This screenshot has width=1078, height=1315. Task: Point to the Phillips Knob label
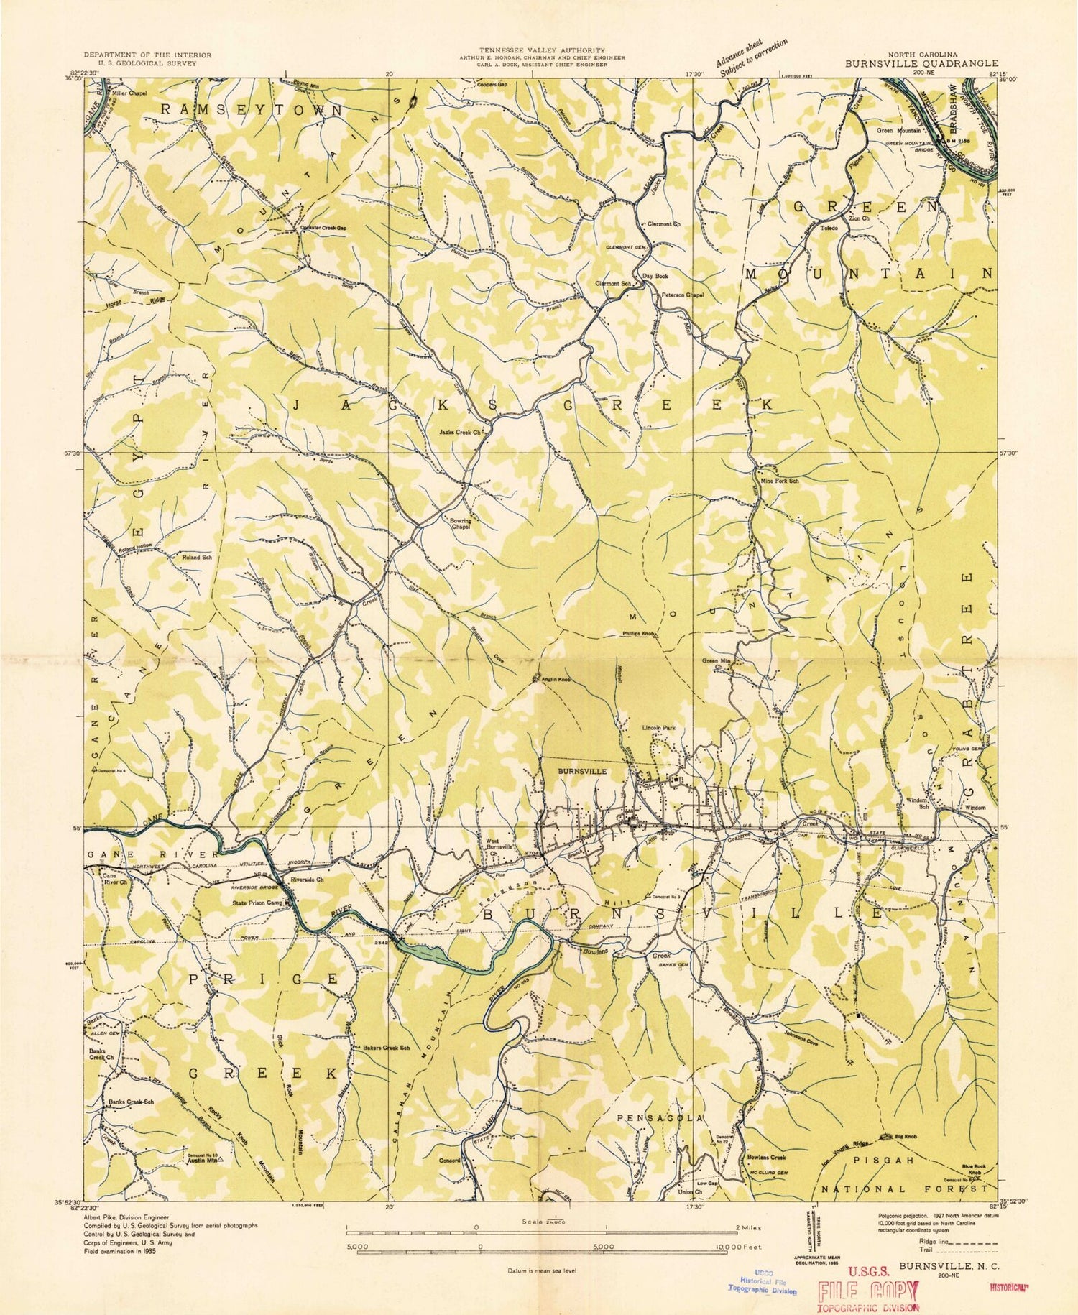[638, 634]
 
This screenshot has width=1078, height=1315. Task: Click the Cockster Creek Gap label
[323, 228]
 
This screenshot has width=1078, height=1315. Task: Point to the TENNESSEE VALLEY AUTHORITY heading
[543, 50]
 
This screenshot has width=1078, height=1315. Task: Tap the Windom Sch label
[916, 803]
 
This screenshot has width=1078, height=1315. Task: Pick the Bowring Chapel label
[460, 523]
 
